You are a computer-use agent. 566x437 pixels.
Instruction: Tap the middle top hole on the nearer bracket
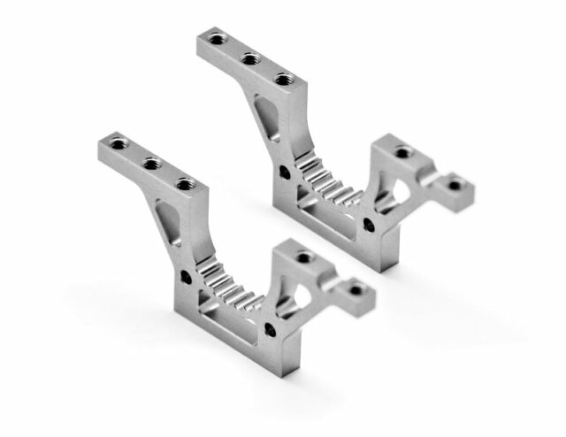tap(151, 163)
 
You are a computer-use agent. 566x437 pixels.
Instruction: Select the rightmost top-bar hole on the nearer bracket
tap(185, 184)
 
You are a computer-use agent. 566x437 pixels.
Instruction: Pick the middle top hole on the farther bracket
tap(250, 58)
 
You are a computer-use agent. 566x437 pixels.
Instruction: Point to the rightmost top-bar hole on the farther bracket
tap(283, 79)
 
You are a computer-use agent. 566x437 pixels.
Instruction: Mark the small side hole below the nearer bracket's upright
tap(187, 278)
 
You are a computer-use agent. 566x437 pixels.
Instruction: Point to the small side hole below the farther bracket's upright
tap(284, 172)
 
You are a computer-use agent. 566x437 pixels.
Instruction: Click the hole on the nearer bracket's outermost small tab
tap(356, 289)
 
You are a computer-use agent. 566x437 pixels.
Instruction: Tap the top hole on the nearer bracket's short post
tap(304, 257)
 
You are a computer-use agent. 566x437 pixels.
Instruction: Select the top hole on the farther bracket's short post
tap(403, 152)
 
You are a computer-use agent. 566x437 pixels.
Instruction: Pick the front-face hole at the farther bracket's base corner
tap(368, 226)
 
